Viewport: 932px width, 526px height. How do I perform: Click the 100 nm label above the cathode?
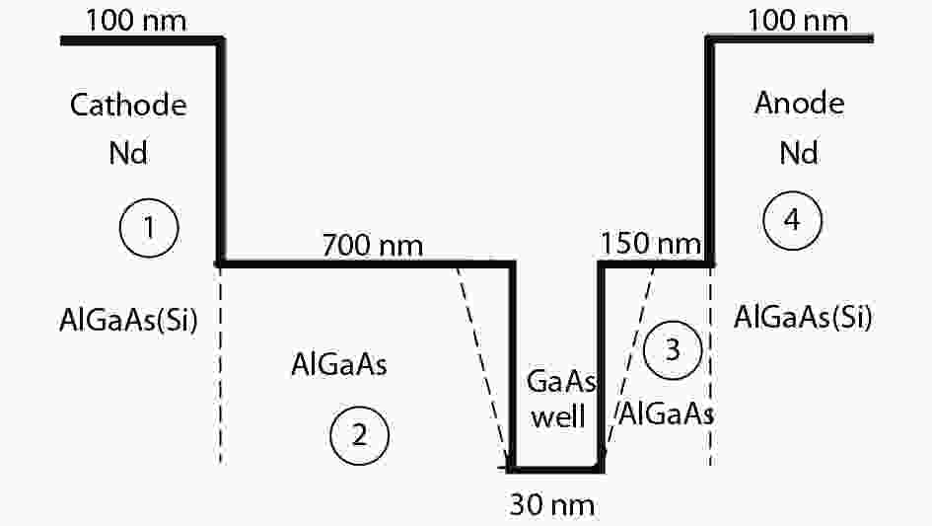(x=136, y=21)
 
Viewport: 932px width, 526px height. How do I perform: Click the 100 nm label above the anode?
(x=798, y=21)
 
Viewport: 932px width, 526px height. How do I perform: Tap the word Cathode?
(x=128, y=106)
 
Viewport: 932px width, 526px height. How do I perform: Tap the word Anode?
(x=800, y=103)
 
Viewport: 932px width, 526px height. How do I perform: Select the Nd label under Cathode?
(x=128, y=153)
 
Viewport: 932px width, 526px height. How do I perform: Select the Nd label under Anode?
(x=799, y=153)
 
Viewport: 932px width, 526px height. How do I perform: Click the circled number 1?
(x=149, y=228)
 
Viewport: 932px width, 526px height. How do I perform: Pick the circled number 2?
(x=360, y=435)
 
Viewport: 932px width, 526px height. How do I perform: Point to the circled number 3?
(x=673, y=350)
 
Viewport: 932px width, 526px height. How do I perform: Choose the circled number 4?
(x=792, y=220)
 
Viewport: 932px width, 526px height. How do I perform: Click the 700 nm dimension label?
(x=373, y=245)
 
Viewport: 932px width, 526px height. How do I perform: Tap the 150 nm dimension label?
(x=651, y=244)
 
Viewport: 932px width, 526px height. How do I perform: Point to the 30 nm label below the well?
(x=552, y=505)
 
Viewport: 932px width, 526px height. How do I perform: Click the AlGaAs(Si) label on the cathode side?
(x=128, y=320)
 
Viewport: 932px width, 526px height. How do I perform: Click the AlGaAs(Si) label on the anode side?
(x=803, y=317)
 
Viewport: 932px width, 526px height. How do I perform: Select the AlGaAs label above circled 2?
(x=339, y=364)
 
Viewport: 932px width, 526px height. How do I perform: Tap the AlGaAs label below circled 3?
(x=667, y=413)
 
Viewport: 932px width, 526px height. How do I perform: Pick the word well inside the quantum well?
(x=559, y=415)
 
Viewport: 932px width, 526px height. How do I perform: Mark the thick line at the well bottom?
(x=557, y=470)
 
